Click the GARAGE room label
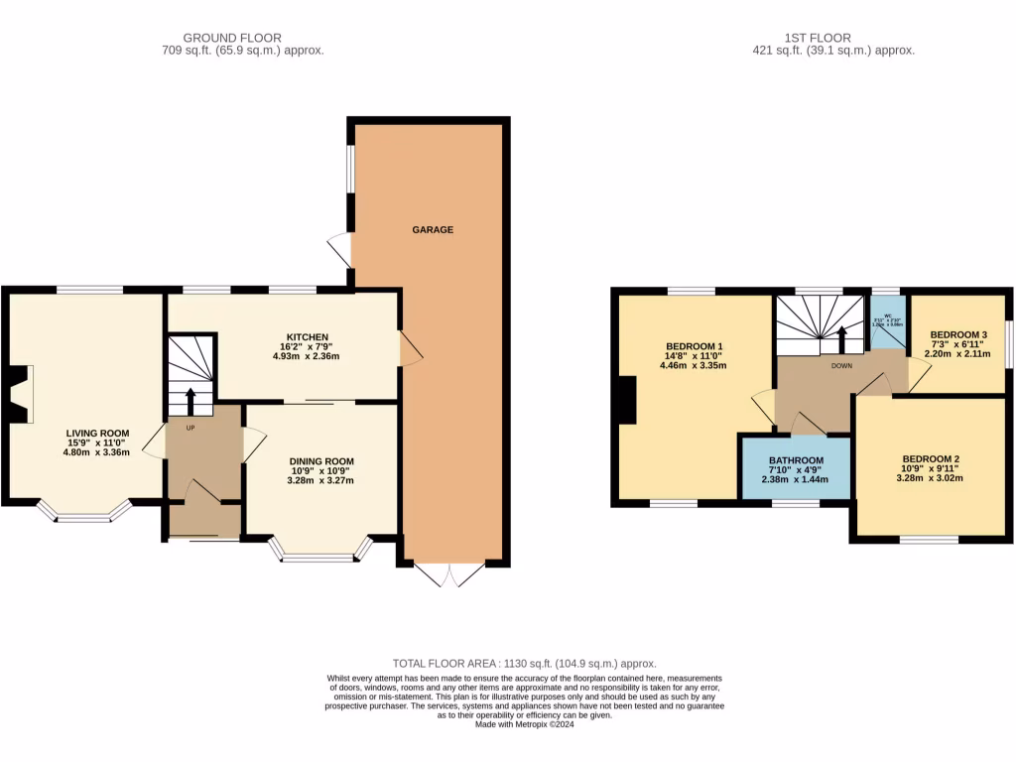(433, 229)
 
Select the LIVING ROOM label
(98, 434)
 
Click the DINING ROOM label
(320, 461)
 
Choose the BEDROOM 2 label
(931, 459)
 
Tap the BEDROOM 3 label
(957, 334)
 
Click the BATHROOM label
(796, 460)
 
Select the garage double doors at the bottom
(449, 574)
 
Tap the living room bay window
(84, 512)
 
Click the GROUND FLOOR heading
(232, 37)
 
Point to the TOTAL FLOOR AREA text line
(525, 663)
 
